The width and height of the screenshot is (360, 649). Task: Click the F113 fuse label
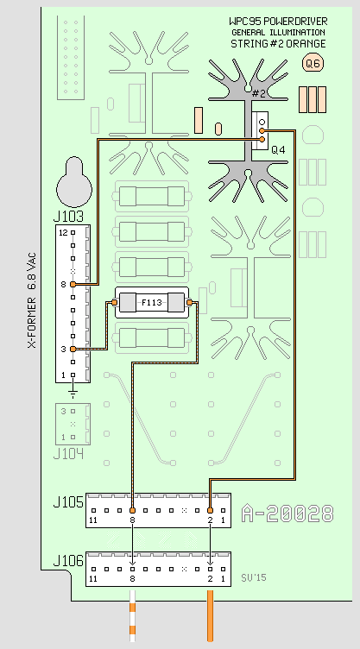152,303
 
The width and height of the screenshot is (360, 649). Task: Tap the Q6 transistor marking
313,63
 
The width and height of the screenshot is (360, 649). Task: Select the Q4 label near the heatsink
278,150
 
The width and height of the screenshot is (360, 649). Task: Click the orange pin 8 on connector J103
73,284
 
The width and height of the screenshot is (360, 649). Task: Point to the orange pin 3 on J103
73,349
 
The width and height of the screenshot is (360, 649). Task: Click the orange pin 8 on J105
132,510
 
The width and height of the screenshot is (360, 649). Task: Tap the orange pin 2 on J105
210,510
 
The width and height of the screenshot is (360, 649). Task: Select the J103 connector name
68,217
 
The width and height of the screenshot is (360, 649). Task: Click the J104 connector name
68,454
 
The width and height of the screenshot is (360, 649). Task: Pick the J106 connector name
68,561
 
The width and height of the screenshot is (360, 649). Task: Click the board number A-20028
287,514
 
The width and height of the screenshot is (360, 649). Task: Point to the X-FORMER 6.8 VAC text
32,300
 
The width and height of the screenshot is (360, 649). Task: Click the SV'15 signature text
254,577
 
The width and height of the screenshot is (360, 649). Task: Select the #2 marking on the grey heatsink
258,93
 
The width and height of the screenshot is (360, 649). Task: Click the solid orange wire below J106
210,616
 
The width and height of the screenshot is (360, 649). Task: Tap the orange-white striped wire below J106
133,616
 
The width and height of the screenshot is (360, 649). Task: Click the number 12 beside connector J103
63,233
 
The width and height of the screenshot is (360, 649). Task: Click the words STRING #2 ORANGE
278,43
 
